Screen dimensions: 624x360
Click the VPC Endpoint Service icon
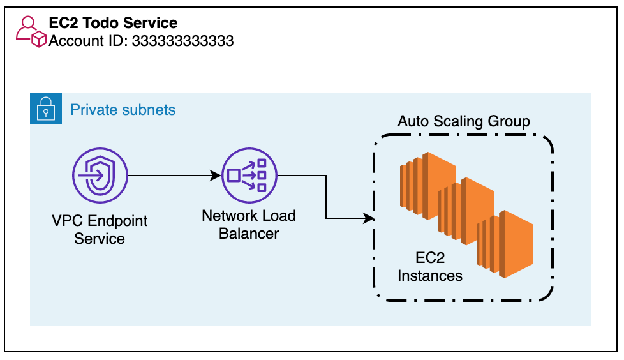pyautogui.click(x=100, y=176)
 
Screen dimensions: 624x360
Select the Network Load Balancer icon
pyautogui.click(x=249, y=176)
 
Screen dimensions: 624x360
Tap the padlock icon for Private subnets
pyautogui.click(x=46, y=109)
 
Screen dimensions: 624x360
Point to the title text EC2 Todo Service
pyautogui.click(x=113, y=23)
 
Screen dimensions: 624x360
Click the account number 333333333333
pyautogui.click(x=182, y=41)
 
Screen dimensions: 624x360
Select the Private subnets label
pyautogui.click(x=123, y=110)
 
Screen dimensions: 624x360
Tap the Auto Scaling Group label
pyautogui.click(x=464, y=121)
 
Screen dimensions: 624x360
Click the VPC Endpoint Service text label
pyautogui.click(x=100, y=229)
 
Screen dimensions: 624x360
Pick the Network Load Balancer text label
pyautogui.click(x=249, y=225)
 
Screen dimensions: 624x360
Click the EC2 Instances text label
pyautogui.click(x=430, y=267)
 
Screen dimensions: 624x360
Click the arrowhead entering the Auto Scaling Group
pyautogui.click(x=369, y=218)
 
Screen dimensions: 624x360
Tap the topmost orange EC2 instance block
pyautogui.click(x=428, y=186)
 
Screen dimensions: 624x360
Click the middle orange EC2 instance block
pyautogui.click(x=466, y=211)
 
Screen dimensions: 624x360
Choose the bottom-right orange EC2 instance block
pyautogui.click(x=505, y=244)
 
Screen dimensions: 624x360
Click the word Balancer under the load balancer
pyautogui.click(x=249, y=234)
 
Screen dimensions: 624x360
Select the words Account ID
pyautogui.click(x=87, y=41)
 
